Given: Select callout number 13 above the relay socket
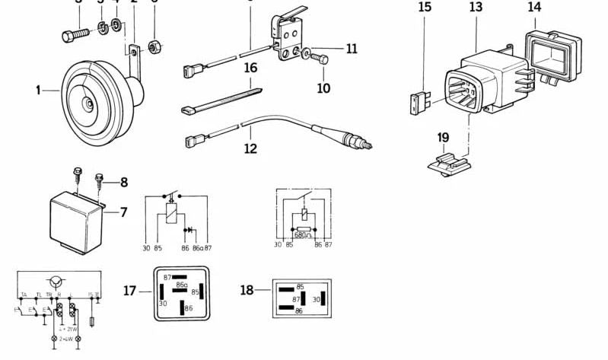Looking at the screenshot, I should click(476, 8).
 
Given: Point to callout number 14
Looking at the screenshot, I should click(535, 8).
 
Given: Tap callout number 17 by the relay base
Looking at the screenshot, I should click(130, 290).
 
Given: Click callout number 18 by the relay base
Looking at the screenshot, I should click(247, 290).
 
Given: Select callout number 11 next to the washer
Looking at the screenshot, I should click(351, 49).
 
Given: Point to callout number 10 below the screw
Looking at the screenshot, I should click(323, 88).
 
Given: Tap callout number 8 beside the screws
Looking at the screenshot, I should click(123, 182).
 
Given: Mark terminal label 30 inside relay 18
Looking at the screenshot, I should click(317, 299).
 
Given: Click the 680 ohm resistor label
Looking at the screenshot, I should click(304, 235).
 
